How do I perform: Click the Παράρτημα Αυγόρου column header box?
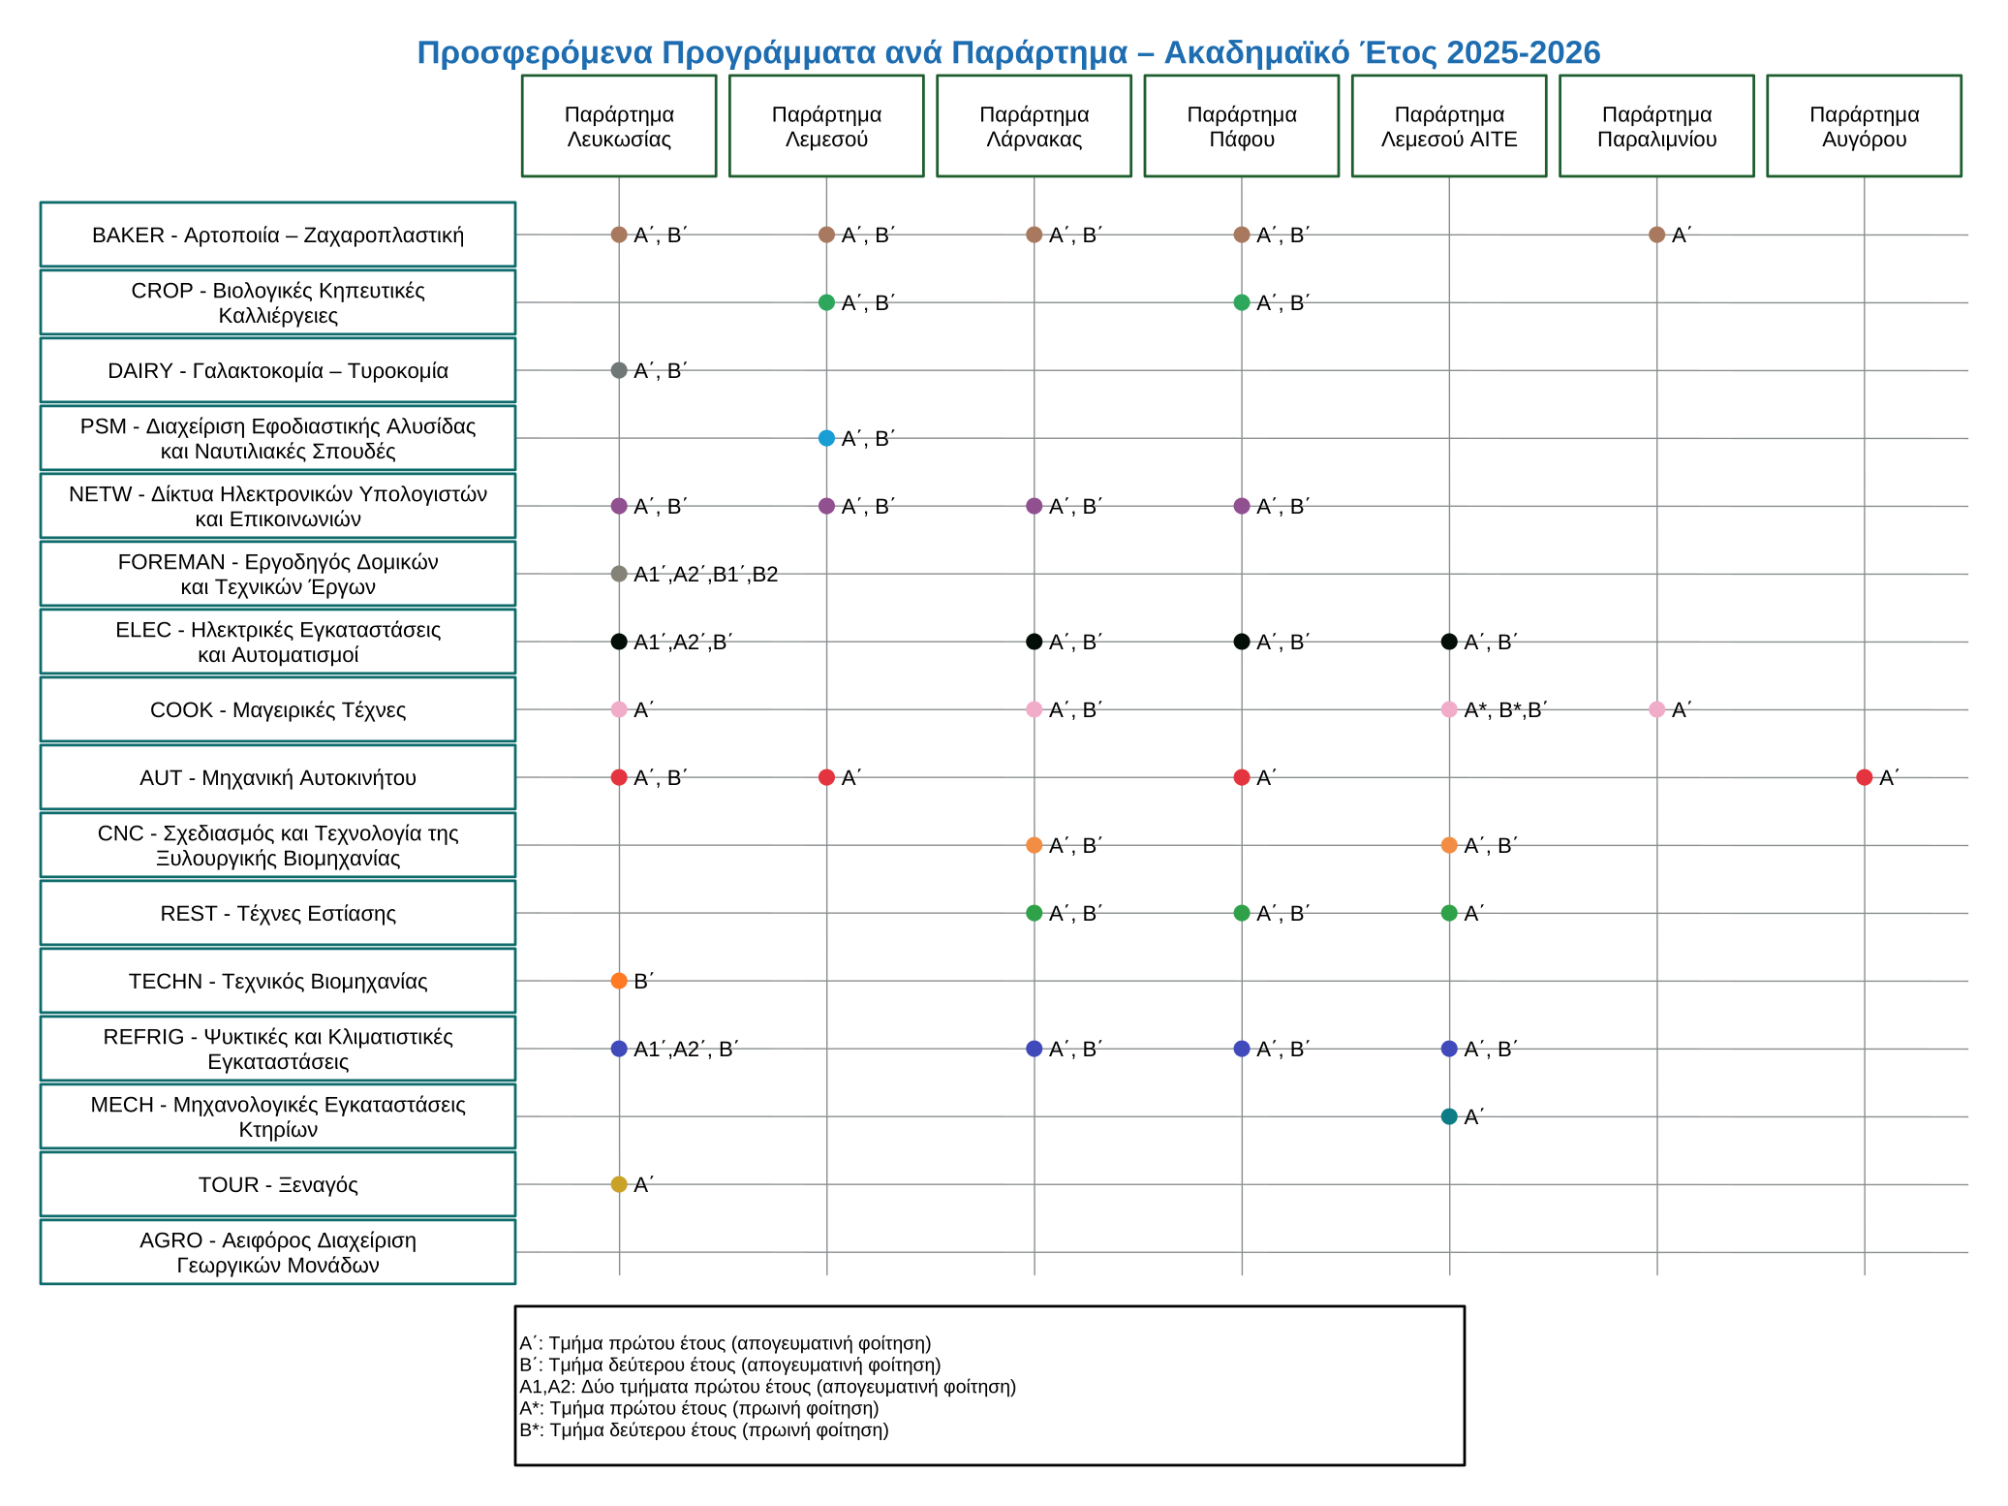click(1864, 126)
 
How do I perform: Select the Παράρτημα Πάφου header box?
click(1242, 126)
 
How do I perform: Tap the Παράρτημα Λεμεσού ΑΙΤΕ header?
click(1449, 126)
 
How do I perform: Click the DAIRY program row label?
click(278, 370)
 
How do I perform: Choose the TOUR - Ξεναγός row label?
click(278, 1184)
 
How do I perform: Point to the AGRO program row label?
click(278, 1252)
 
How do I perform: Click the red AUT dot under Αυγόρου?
click(1864, 777)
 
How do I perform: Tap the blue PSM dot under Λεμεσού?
click(826, 438)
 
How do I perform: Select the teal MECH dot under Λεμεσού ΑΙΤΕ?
click(1449, 1116)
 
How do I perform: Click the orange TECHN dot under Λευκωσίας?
click(619, 981)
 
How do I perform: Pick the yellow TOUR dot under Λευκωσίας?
click(619, 1184)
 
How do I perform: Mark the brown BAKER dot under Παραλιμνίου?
click(1656, 235)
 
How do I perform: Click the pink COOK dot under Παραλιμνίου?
click(1656, 709)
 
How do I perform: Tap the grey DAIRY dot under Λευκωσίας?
click(619, 370)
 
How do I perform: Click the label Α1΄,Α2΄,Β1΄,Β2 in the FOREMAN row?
click(705, 575)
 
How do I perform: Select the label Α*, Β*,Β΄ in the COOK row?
click(1506, 710)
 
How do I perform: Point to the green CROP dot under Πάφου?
click(1242, 302)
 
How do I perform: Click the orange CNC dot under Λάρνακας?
click(1034, 845)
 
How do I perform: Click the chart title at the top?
click(1008, 52)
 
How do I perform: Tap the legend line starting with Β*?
click(704, 1429)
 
